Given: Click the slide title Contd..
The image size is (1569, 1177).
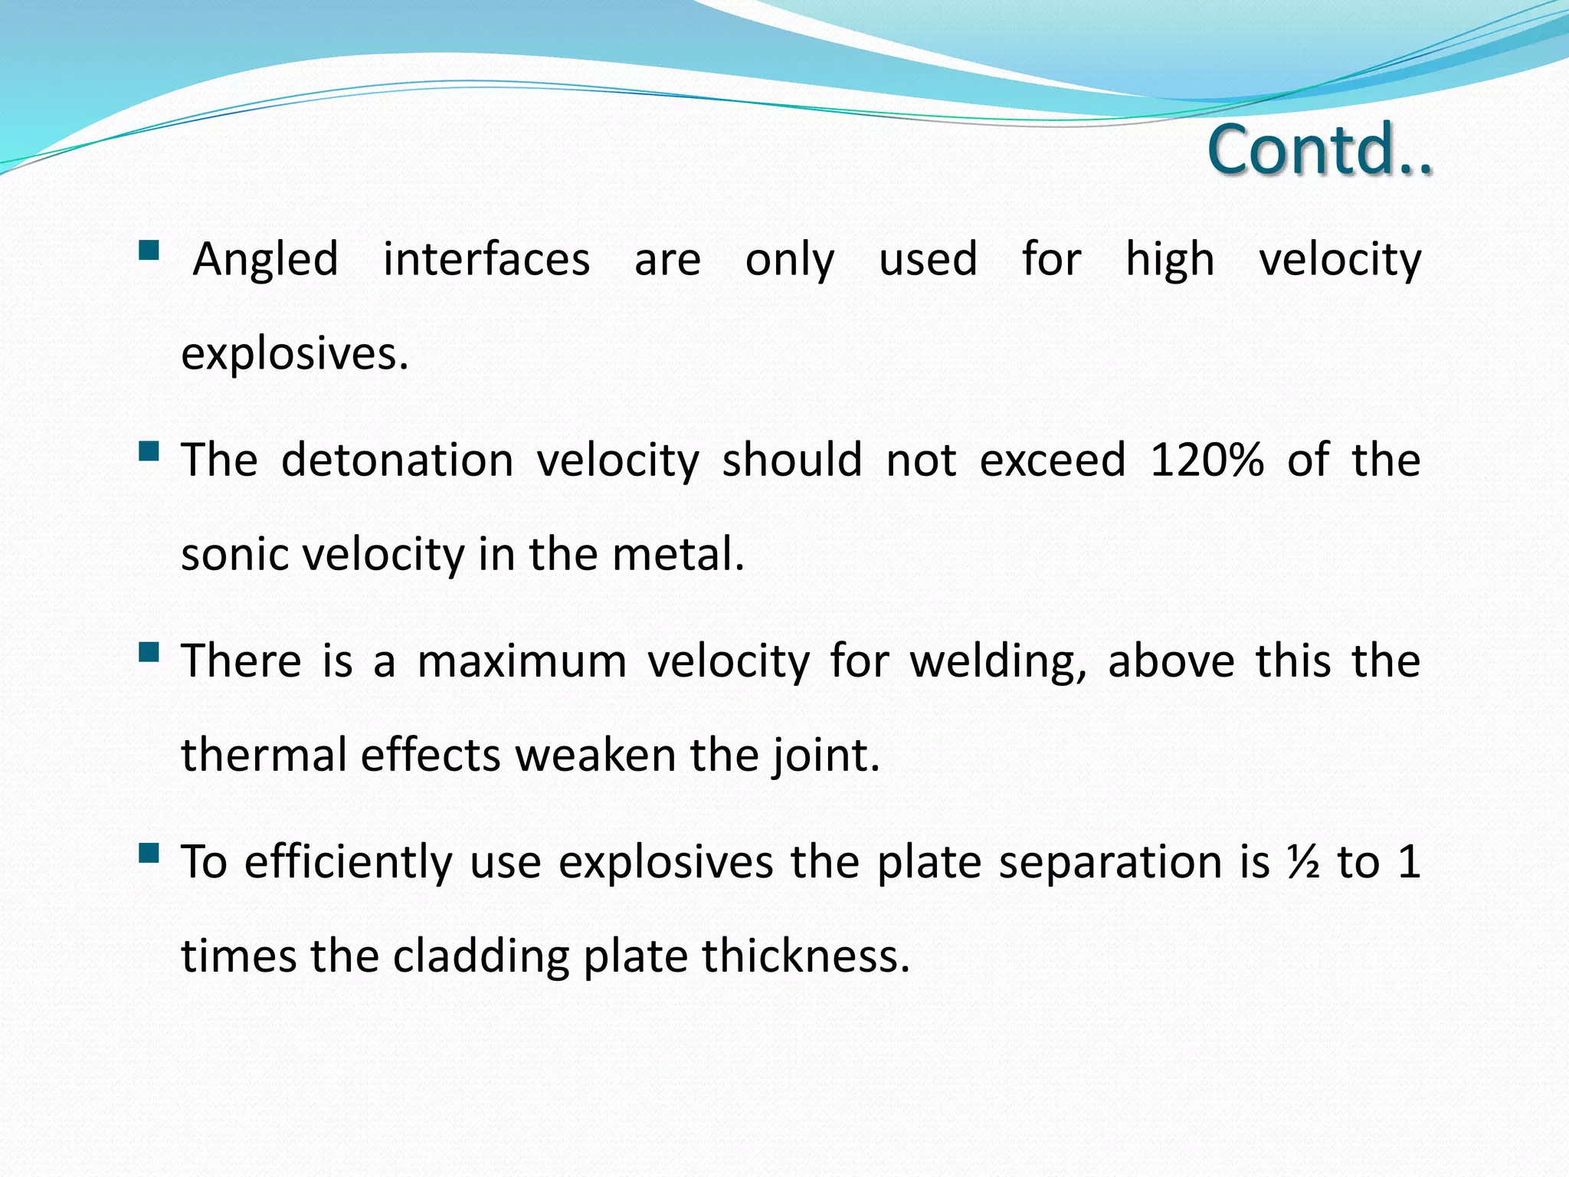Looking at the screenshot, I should pos(1319,149).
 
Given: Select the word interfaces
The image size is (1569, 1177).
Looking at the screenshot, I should pos(486,259).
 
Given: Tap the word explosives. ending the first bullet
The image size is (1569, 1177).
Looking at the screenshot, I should pos(295,355).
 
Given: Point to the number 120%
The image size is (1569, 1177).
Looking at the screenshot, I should pos(1207,461).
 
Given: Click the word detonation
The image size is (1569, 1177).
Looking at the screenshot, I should pos(398,461).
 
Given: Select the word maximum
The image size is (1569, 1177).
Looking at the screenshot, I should pos(522,661).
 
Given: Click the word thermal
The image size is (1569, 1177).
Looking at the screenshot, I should pos(264,756).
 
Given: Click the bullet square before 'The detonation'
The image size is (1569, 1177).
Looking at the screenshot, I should pos(149,451).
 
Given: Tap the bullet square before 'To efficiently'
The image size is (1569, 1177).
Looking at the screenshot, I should pos(149,853).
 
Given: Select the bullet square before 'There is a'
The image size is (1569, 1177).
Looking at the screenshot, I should pos(149,652).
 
